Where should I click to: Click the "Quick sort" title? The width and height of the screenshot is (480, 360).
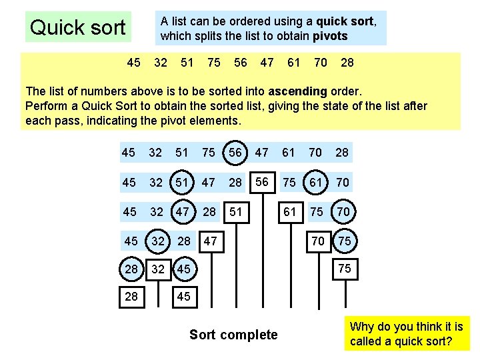pyautogui.click(x=77, y=27)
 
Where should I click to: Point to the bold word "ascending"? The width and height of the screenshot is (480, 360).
pyautogui.click(x=298, y=91)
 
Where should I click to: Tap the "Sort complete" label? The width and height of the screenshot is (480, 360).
pyautogui.click(x=233, y=335)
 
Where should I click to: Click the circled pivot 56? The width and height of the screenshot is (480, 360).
pyautogui.click(x=235, y=153)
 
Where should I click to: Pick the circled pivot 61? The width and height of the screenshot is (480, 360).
pyautogui.click(x=315, y=182)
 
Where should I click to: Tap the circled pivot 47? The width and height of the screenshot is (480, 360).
pyautogui.click(x=182, y=211)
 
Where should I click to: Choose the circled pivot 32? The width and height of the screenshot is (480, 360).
pyautogui.click(x=157, y=241)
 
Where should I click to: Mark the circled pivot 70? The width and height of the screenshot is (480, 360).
pyautogui.click(x=343, y=211)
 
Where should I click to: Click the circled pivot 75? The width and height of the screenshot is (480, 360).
pyautogui.click(x=345, y=241)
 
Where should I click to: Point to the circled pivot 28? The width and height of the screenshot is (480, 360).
pyautogui.click(x=131, y=269)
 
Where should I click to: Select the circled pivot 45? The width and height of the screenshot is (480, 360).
pyautogui.click(x=183, y=269)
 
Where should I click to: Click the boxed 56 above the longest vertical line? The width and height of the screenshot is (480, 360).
pyautogui.click(x=262, y=181)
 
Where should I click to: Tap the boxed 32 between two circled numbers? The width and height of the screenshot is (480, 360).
pyautogui.click(x=157, y=269)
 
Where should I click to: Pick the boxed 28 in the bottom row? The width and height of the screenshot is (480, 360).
pyautogui.click(x=131, y=296)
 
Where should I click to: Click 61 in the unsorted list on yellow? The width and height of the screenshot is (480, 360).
pyautogui.click(x=293, y=63)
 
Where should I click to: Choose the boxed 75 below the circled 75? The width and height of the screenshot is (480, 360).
pyautogui.click(x=345, y=269)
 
